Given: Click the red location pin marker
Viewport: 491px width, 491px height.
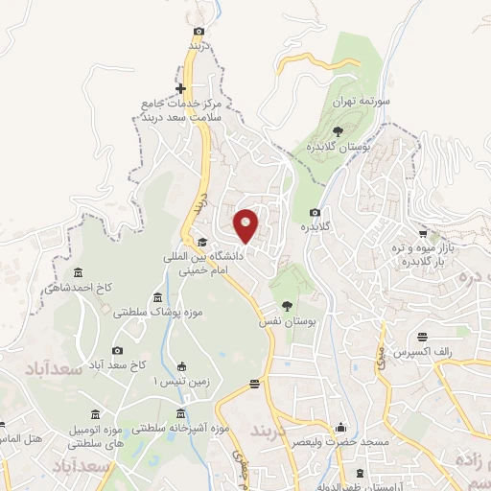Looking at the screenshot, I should point(246,224).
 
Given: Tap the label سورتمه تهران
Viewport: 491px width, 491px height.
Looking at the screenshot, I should point(358,101).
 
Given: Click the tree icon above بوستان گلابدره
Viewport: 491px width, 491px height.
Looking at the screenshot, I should point(338,131).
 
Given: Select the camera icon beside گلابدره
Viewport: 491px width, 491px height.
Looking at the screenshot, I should point(315,212).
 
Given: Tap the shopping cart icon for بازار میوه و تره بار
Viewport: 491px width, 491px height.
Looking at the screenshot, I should point(423,233).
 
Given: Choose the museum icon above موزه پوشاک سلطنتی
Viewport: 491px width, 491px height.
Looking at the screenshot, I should point(157,297).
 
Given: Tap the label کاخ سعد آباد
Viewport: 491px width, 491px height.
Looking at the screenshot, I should point(116,366).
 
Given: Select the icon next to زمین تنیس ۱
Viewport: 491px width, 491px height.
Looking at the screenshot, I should point(181,365).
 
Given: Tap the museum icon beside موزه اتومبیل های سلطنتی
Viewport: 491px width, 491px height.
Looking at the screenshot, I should point(94,413).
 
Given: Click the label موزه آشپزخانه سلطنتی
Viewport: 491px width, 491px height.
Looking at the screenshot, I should point(180,428).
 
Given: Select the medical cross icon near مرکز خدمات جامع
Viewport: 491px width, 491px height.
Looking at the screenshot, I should point(180,89).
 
